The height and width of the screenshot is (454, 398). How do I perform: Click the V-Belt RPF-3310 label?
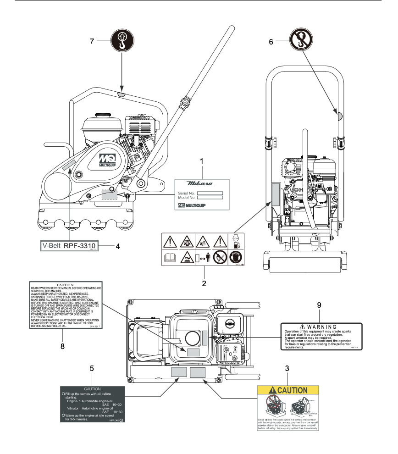point(69,245)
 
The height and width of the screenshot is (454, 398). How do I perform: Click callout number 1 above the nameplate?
point(202,162)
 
